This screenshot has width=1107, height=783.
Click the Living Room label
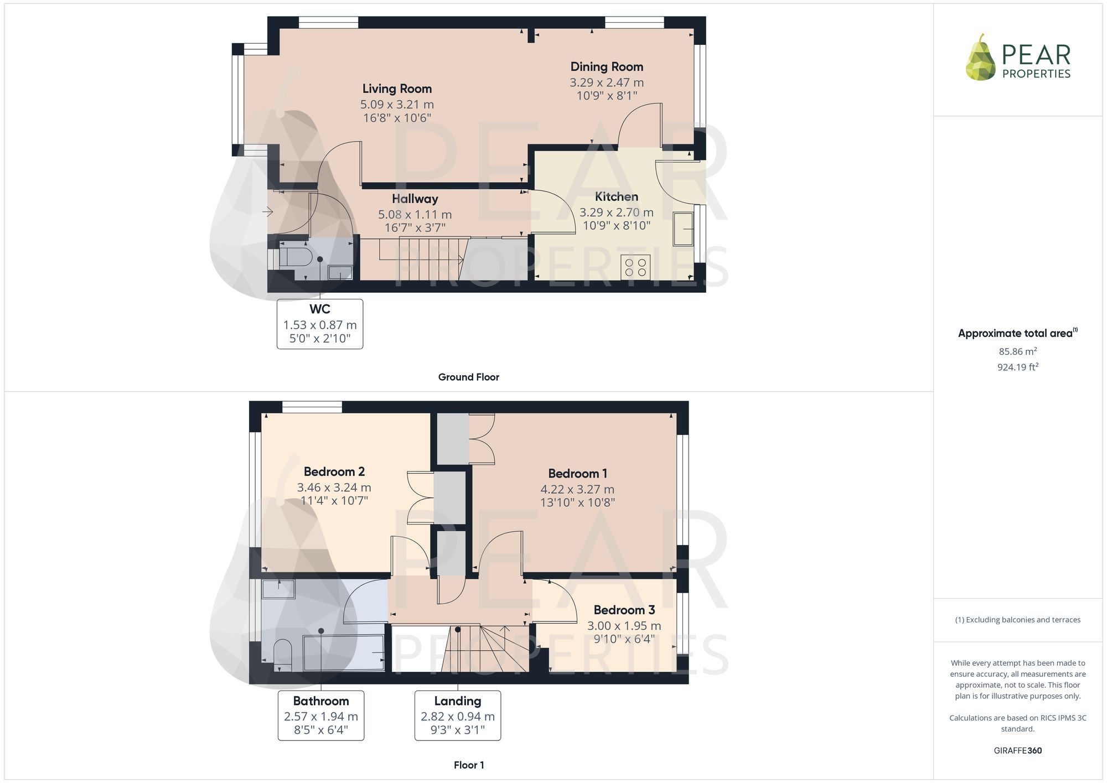397,89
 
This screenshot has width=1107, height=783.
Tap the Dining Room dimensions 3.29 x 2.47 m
607,82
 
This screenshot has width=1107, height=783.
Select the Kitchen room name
616,196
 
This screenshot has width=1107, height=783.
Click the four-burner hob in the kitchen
635,267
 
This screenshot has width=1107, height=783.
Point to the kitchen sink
683,229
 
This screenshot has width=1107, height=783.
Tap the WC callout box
320,324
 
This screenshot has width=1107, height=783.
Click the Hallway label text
415,199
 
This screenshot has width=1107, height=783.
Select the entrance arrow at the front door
268,211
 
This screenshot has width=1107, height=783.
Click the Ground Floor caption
468,377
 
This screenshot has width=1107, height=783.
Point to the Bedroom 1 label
577,473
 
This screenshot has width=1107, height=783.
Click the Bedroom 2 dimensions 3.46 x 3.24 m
334,488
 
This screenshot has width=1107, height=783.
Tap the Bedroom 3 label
624,610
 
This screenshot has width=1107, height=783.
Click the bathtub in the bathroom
343,653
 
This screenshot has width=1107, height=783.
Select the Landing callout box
458,715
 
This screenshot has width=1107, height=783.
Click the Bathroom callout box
321,715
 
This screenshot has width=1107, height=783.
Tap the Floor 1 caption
468,765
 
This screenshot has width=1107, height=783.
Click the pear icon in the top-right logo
980,59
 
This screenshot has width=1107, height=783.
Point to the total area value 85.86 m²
1017,351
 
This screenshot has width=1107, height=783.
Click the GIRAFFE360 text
1017,750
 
